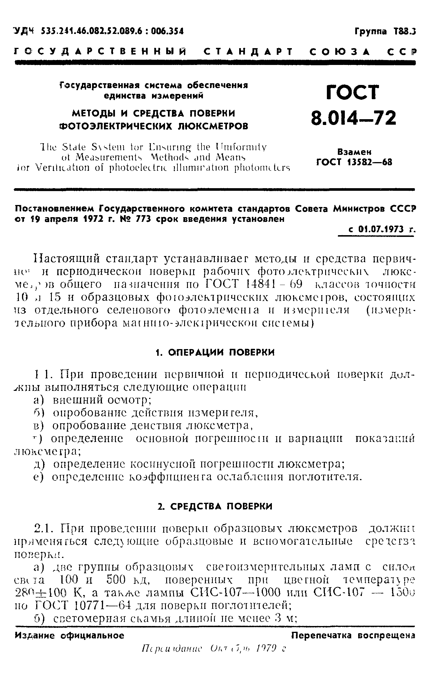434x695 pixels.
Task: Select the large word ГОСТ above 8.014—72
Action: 353,92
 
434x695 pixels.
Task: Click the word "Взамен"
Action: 354,152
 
